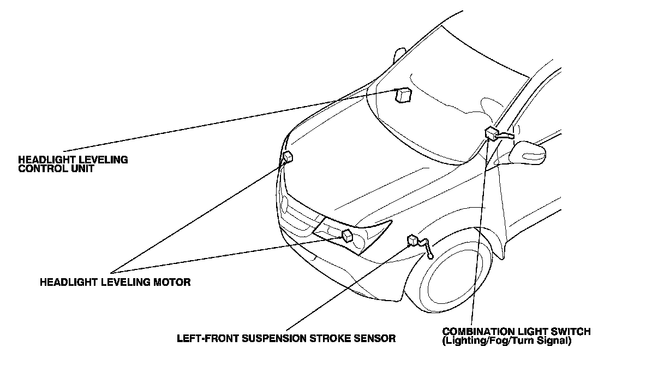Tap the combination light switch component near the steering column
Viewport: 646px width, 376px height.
coord(491,133)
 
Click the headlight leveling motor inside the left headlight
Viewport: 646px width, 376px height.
coord(347,236)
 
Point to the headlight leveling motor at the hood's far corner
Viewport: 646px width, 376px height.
coord(288,157)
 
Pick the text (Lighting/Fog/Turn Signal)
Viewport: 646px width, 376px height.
coord(507,340)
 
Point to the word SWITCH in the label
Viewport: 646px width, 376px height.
coord(572,332)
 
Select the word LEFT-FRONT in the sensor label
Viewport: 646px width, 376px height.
coord(206,338)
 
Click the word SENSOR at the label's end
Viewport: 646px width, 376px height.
coord(375,338)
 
